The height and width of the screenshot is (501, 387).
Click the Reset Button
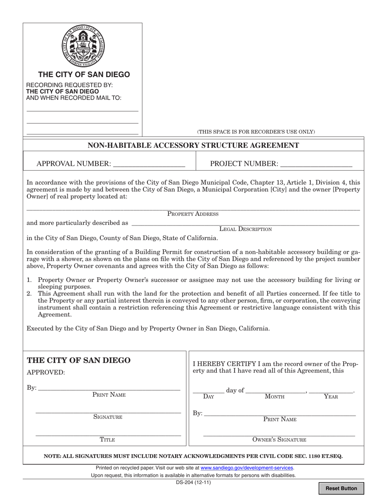click(341, 488)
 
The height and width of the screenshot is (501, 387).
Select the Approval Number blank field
click(149, 163)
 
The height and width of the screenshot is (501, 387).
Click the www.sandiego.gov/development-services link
click(247, 468)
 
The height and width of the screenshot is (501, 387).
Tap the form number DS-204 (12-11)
click(193, 483)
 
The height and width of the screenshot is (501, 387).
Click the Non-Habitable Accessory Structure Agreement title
click(193, 145)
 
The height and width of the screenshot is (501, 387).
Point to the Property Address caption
click(193, 214)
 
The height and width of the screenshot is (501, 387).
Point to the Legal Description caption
click(245, 229)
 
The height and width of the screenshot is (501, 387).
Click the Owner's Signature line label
click(279, 439)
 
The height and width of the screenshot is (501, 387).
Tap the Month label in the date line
click(275, 396)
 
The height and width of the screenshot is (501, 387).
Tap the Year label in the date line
click(331, 396)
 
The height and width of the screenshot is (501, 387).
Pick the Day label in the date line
click(208, 396)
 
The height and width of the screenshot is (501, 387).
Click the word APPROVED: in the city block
click(46, 372)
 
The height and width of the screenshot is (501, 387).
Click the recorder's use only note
click(256, 132)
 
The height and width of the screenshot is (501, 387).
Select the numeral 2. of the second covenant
click(29, 293)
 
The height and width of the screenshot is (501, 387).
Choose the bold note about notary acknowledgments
click(193, 456)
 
